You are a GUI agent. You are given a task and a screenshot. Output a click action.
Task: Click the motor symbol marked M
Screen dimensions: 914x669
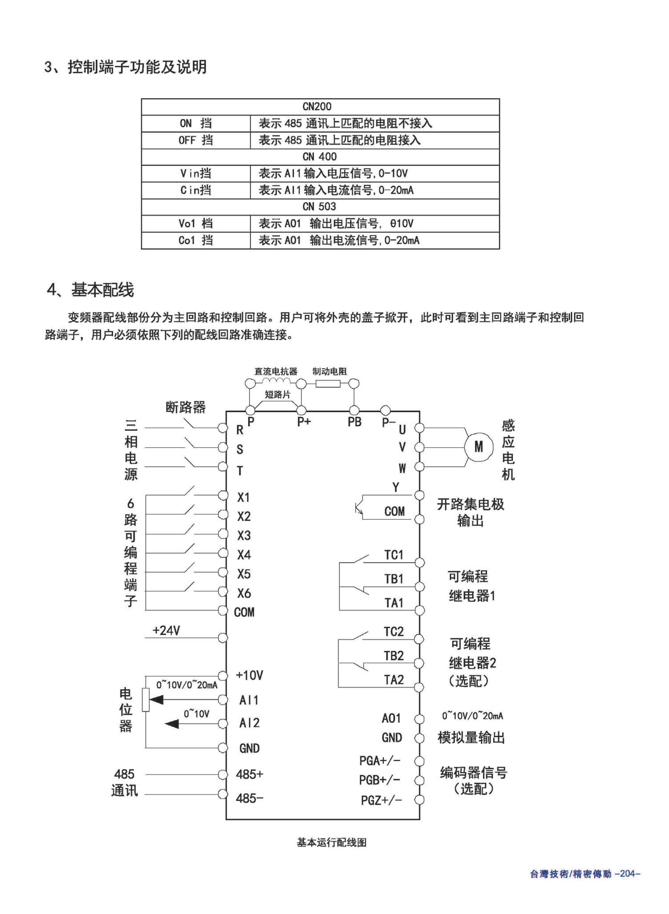[x=479, y=447]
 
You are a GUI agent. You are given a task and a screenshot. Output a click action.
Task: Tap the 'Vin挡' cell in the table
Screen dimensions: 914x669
[x=196, y=174]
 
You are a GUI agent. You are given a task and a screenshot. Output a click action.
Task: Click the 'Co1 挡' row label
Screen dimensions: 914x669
[x=196, y=240]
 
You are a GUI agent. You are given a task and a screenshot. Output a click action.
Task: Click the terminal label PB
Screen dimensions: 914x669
[x=354, y=422]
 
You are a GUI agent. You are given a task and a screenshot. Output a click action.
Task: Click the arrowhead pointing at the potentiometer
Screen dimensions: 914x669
[x=157, y=699]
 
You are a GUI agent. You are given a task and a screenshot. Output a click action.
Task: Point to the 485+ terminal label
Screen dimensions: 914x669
[x=249, y=774]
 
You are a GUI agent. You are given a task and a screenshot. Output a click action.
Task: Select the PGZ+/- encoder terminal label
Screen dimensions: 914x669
[x=381, y=800]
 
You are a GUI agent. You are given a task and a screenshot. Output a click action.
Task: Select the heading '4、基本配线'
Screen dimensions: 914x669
[x=90, y=290]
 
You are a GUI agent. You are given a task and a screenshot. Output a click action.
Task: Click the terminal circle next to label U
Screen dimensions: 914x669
[x=420, y=428]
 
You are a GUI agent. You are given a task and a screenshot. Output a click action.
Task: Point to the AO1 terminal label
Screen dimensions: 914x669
[x=391, y=718]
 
